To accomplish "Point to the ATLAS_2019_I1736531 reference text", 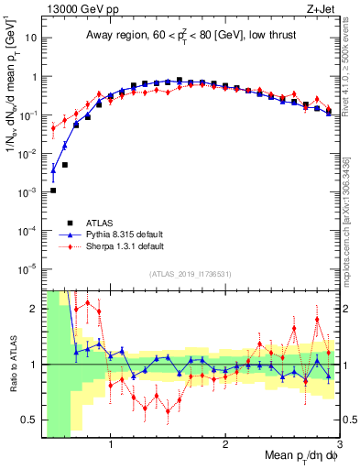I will pyautogui.click(x=190, y=274).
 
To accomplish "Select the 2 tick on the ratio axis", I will pyautogui.click(x=36, y=309).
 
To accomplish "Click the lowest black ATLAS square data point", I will pyautogui.click(x=53, y=191).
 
